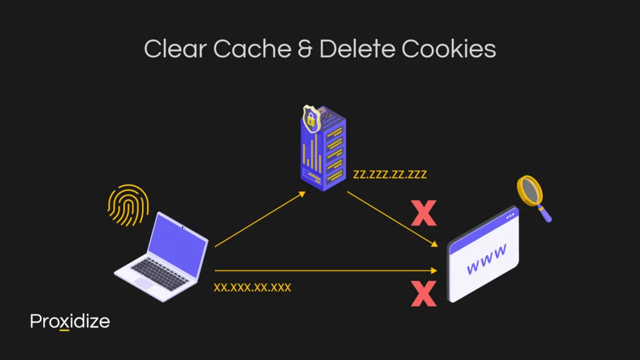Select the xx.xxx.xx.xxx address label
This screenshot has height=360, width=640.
pyautogui.click(x=252, y=288)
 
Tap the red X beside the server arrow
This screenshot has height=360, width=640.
pyautogui.click(x=423, y=213)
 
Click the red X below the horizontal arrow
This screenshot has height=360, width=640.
pyautogui.click(x=423, y=293)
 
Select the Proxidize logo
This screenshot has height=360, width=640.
pyautogui.click(x=70, y=322)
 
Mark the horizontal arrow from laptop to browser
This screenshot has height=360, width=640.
pyautogui.click(x=325, y=271)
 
